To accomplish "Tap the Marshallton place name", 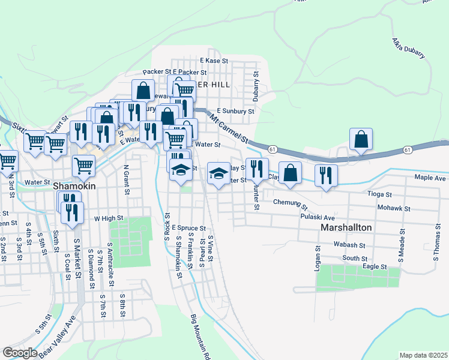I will point(347,229).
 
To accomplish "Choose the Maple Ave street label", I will point(430,178).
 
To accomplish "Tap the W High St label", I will point(108,218).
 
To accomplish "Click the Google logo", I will point(20,353).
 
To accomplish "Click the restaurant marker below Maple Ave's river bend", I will point(326,175).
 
